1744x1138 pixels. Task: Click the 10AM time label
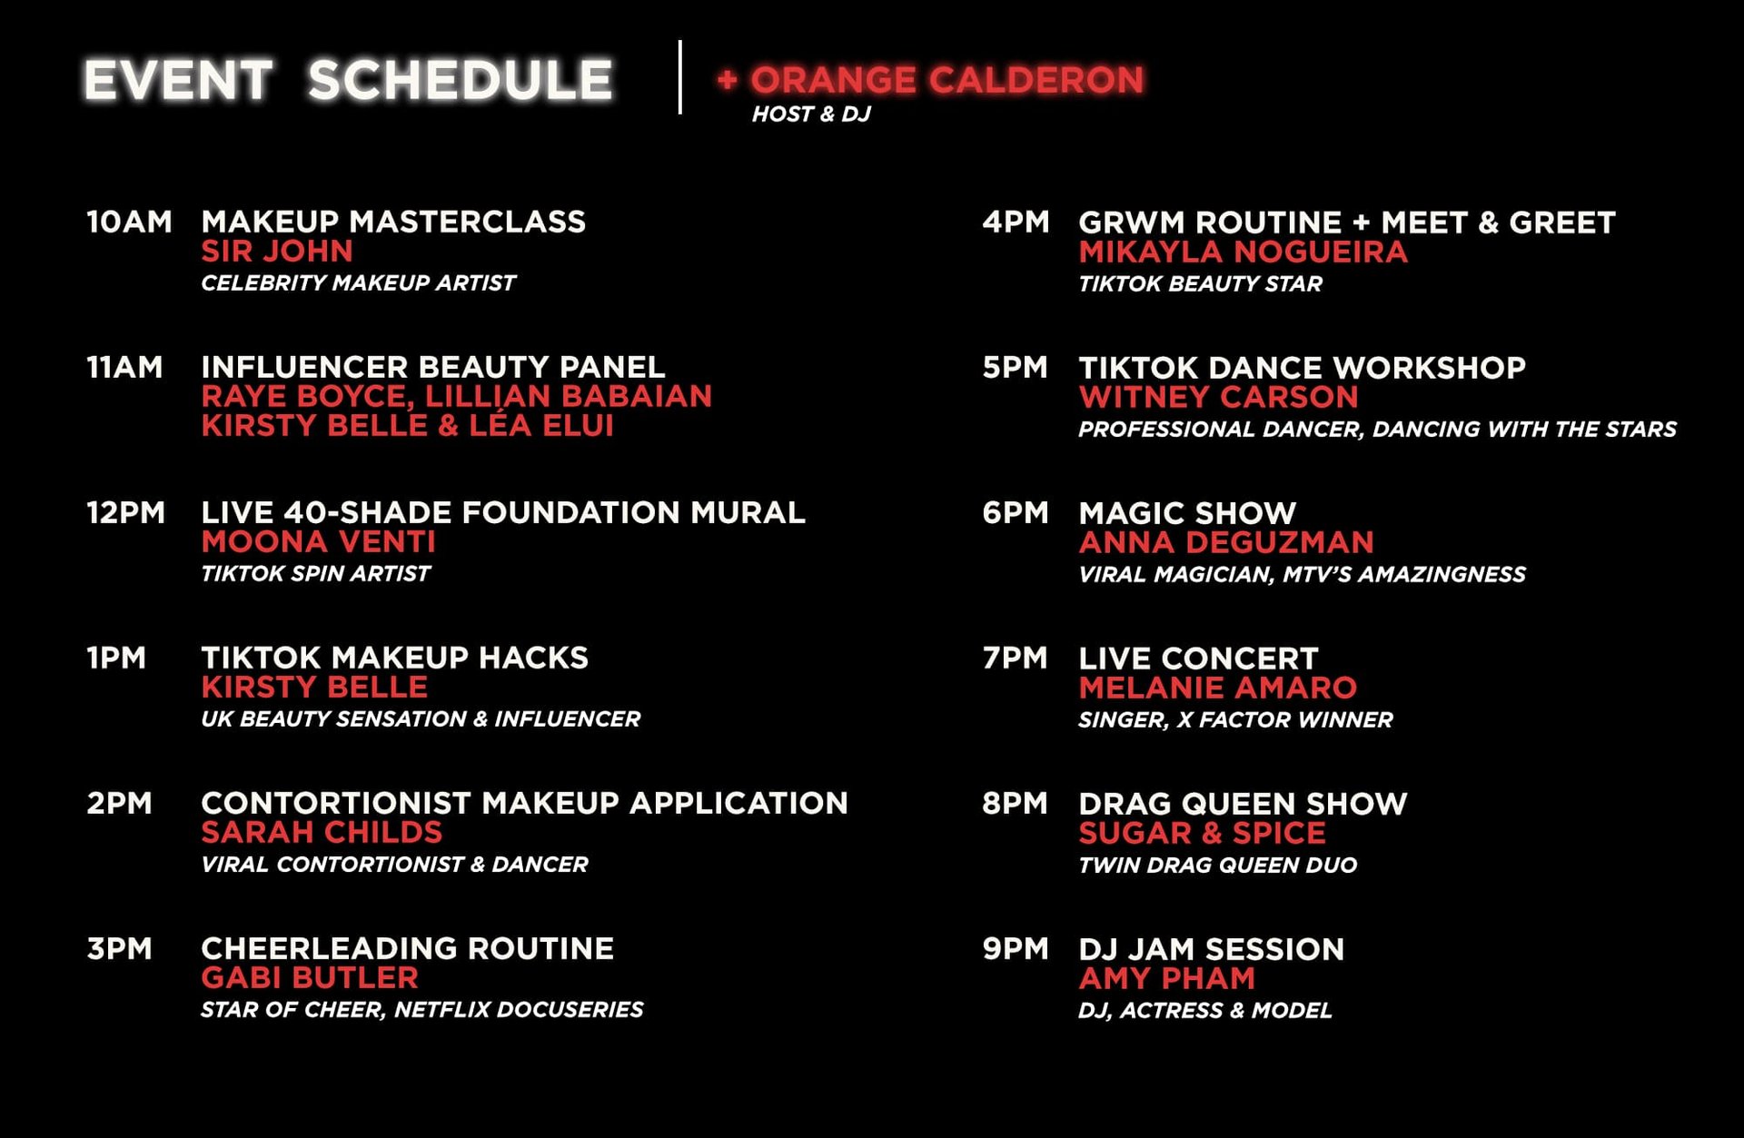tap(129, 222)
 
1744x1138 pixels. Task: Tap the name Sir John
tap(277, 252)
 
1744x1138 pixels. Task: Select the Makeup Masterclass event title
tap(393, 222)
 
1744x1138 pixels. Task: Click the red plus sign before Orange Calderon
tap(727, 80)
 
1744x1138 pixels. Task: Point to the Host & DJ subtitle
tap(811, 114)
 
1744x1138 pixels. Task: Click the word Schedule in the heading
tap(460, 80)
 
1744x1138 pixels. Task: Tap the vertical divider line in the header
tap(679, 77)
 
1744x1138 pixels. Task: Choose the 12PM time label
tap(125, 512)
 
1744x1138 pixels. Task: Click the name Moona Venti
tap(318, 542)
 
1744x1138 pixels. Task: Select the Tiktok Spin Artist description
tap(315, 574)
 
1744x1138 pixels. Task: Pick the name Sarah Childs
tap(322, 833)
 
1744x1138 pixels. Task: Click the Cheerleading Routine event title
tap(407, 949)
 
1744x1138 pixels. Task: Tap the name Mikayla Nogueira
tap(1243, 252)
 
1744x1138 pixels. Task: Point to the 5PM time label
tap(1015, 368)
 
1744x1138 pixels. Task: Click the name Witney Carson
tap(1218, 398)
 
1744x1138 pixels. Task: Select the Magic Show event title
tap(1187, 513)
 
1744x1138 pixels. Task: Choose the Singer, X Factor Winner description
tap(1234, 720)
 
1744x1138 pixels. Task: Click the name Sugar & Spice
tap(1202, 834)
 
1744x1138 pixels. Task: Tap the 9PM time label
tap(1015, 949)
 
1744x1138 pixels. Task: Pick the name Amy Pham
tap(1166, 979)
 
